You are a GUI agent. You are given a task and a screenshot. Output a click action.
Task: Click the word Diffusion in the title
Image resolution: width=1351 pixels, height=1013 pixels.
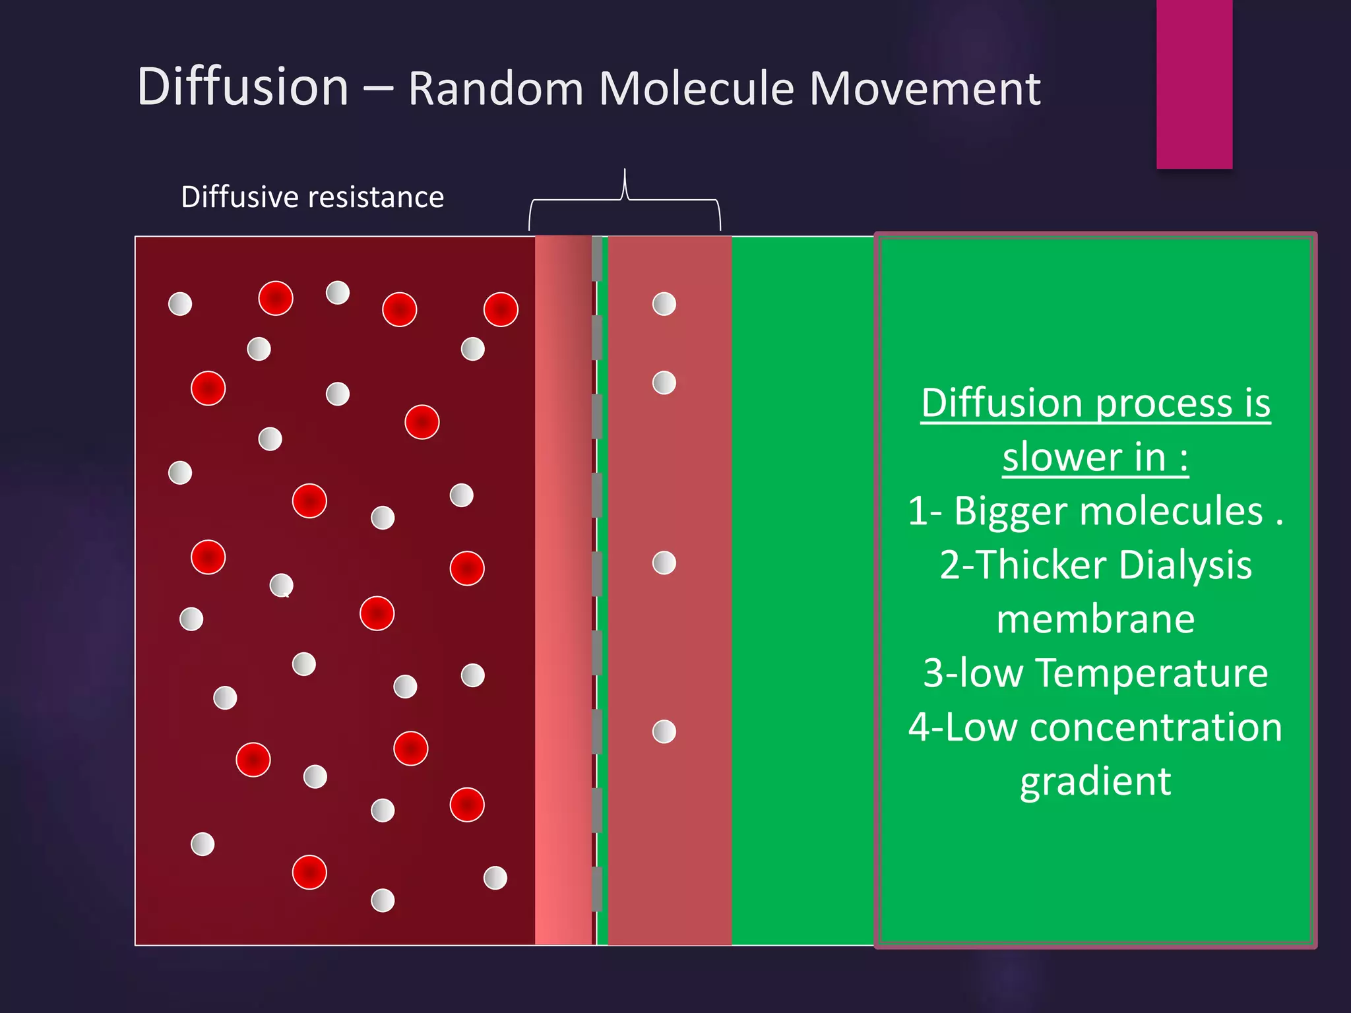pyautogui.click(x=242, y=87)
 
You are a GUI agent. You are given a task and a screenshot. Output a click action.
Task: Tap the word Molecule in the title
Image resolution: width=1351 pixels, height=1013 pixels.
pyautogui.click(x=696, y=88)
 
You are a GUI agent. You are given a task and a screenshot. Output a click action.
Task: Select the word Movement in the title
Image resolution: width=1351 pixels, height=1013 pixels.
pyautogui.click(x=924, y=88)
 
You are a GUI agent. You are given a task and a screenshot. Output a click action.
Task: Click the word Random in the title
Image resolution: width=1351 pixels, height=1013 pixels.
pyautogui.click(x=495, y=88)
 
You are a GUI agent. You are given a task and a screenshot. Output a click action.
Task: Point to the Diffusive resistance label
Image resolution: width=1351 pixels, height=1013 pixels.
pyautogui.click(x=312, y=197)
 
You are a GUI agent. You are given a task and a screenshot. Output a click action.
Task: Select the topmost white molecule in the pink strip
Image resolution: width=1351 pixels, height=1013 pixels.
pyautogui.click(x=664, y=304)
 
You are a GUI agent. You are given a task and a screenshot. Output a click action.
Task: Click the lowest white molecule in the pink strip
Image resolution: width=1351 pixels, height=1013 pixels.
pyautogui.click(x=664, y=731)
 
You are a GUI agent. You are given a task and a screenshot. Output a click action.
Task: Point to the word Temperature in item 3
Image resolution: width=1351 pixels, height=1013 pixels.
pyautogui.click(x=1151, y=673)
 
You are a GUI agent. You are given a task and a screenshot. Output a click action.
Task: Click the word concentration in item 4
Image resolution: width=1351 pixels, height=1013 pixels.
pyautogui.click(x=1156, y=727)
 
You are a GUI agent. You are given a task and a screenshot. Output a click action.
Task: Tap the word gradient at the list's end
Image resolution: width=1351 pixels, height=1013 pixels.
pyautogui.click(x=1095, y=782)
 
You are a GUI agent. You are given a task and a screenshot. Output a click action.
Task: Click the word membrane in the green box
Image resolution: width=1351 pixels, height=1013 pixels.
pyautogui.click(x=1095, y=619)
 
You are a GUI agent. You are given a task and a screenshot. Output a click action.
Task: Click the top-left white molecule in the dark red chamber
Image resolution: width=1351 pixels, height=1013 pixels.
pyautogui.click(x=180, y=304)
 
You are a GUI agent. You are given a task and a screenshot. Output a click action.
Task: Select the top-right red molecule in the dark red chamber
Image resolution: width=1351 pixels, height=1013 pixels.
pyautogui.click(x=501, y=309)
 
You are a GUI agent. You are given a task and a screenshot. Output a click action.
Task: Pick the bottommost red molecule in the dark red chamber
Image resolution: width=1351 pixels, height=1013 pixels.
pyautogui.click(x=309, y=872)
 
